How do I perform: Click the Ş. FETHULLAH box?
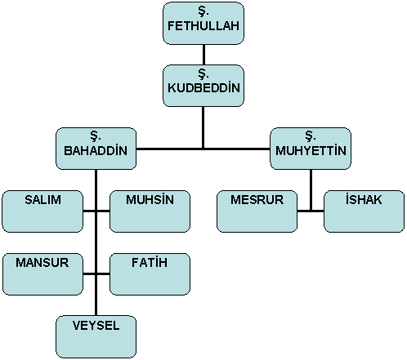click(203, 23)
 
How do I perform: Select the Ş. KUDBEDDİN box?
click(203, 86)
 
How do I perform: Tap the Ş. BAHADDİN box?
click(96, 149)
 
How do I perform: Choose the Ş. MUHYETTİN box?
click(311, 149)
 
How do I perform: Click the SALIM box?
click(42, 211)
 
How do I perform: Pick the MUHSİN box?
click(150, 211)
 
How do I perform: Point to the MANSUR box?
click(42, 274)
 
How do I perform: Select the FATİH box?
click(150, 274)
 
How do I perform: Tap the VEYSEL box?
click(96, 337)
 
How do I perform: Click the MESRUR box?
click(257, 211)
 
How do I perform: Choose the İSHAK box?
click(364, 211)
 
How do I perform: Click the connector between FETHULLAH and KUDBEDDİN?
click(203, 55)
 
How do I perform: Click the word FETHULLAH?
click(203, 26)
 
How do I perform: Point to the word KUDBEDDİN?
click(203, 87)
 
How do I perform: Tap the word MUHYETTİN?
click(311, 150)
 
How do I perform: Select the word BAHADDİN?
click(96, 150)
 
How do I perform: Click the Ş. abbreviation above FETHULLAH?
click(203, 11)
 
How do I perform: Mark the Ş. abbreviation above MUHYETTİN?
click(311, 136)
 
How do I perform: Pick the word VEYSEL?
click(96, 326)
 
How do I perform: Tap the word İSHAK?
click(364, 199)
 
